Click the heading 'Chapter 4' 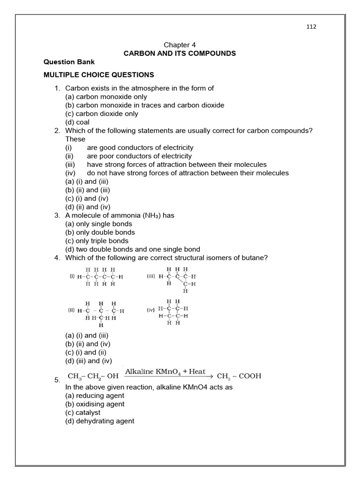[180, 45]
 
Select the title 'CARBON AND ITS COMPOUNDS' [180, 53]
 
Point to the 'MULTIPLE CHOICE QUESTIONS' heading [98, 75]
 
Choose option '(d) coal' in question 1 [77, 122]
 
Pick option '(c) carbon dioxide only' [102, 113]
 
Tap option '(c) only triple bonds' [97, 241]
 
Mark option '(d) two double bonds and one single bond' [133, 249]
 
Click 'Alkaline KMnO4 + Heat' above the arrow [165, 372]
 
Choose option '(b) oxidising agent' [95, 404]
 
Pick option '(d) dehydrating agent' [99, 421]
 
